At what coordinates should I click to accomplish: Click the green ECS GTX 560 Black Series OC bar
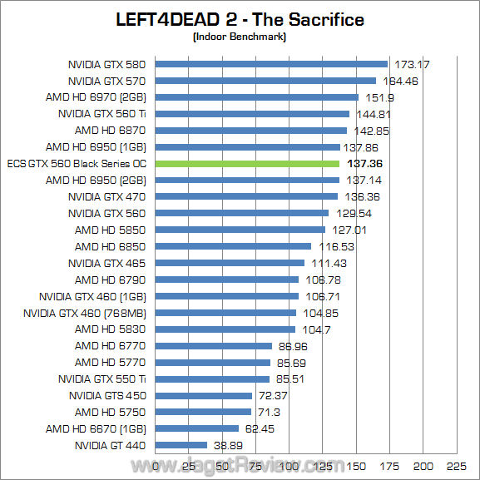tap(248, 164)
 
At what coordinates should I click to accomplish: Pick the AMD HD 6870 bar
tap(251, 131)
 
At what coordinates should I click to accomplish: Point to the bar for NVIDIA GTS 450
tap(204, 395)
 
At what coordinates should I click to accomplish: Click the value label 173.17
tap(413, 64)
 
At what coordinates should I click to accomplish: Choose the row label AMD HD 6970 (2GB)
tap(96, 97)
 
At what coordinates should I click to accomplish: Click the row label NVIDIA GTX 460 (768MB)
tap(85, 313)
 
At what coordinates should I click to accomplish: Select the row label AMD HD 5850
tap(110, 230)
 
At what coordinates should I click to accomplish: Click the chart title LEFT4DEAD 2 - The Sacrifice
tap(240, 19)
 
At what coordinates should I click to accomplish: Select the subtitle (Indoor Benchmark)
tap(240, 37)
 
